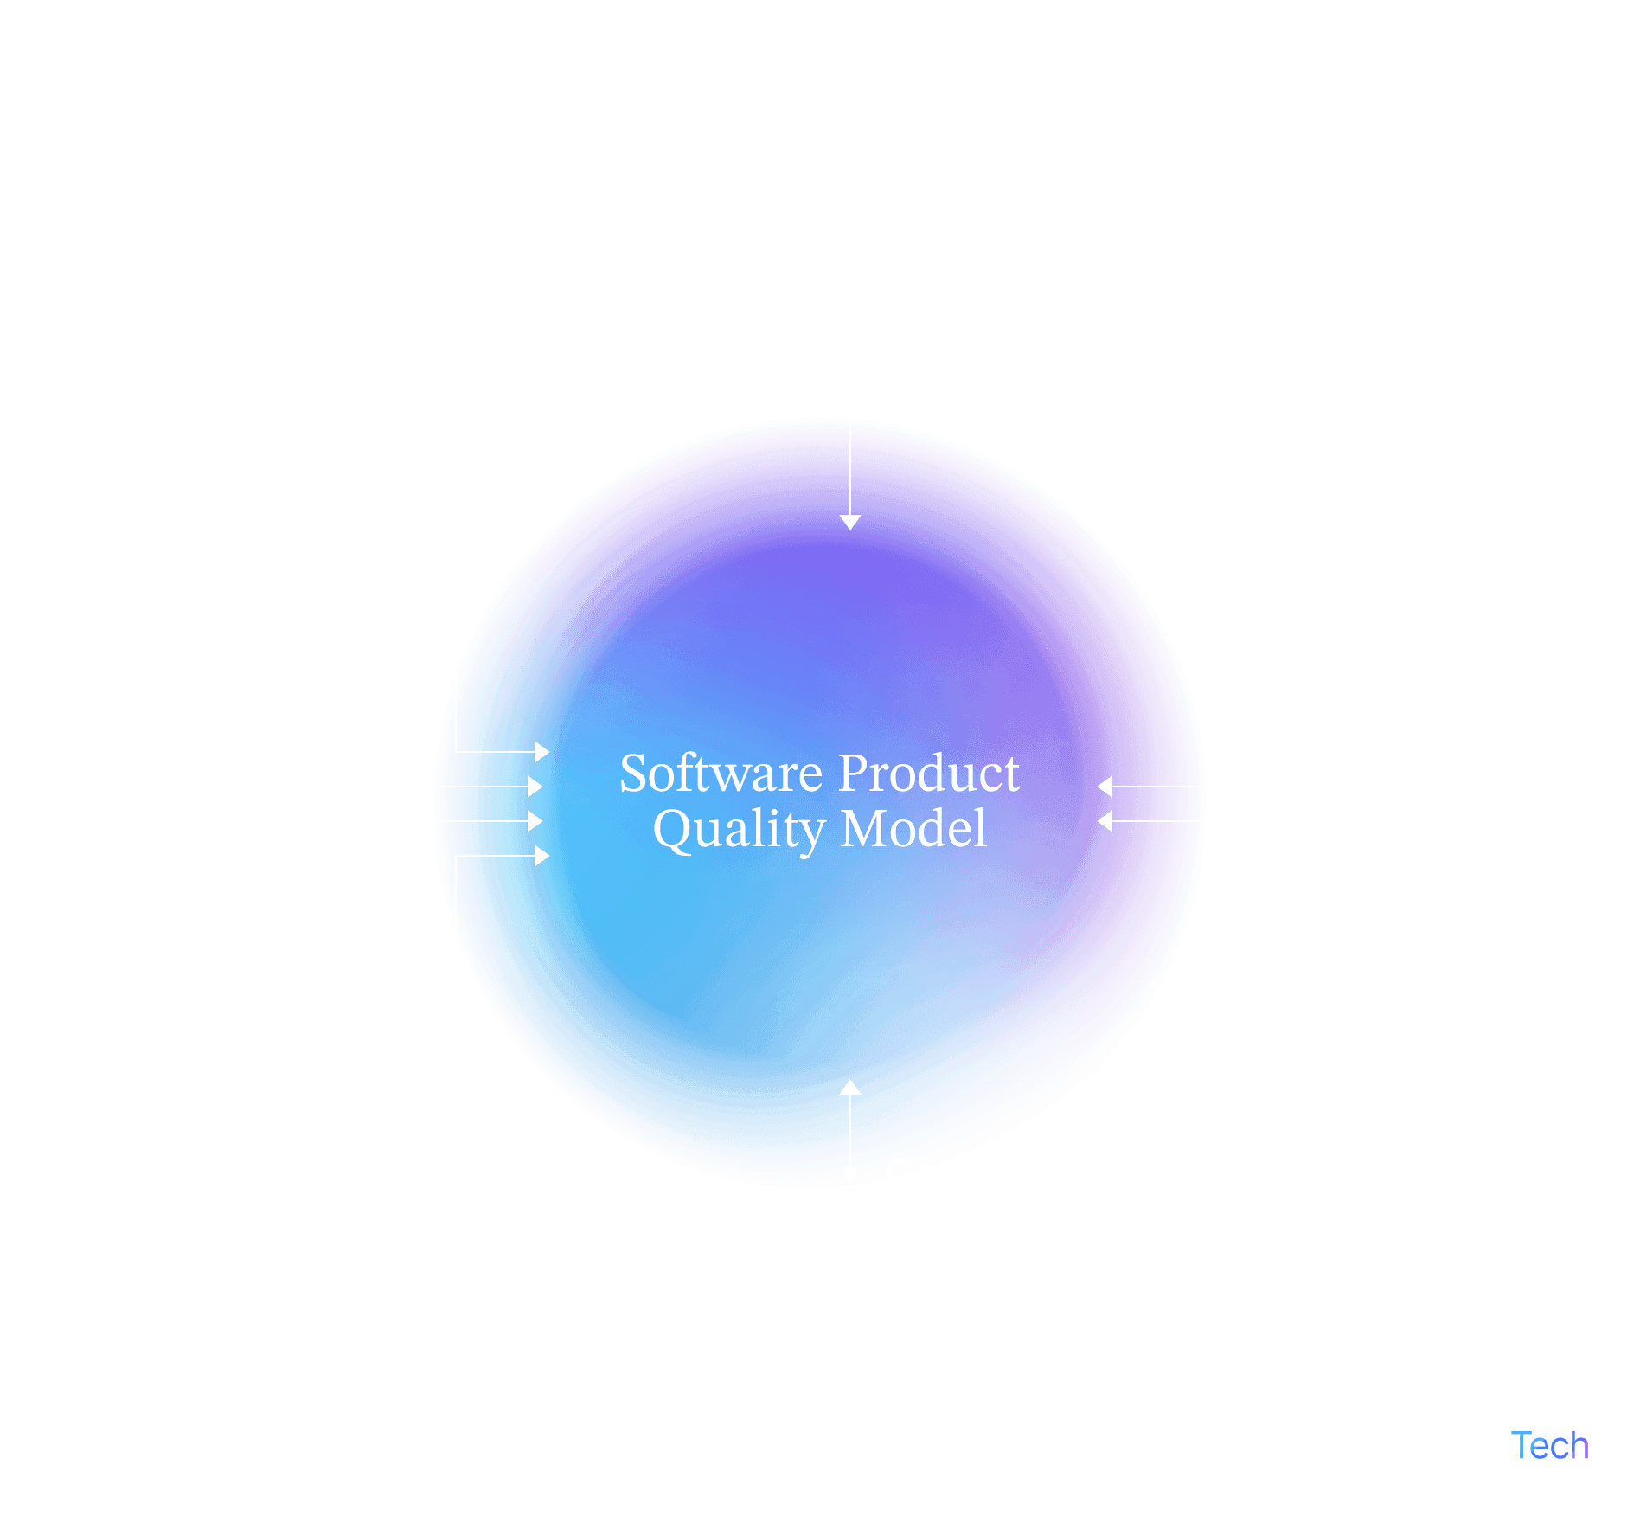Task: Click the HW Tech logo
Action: (x=1513, y=1445)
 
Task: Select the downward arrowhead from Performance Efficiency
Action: (x=850, y=521)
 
